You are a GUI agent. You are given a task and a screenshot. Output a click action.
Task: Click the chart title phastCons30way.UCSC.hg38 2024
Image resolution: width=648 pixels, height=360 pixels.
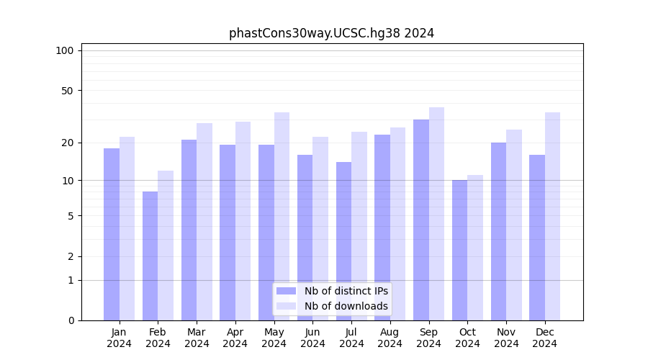(x=331, y=33)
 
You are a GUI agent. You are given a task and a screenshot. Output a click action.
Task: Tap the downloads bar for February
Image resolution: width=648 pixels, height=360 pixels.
(x=166, y=245)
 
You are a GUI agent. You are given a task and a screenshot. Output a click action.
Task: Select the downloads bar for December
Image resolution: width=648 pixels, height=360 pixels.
(x=552, y=216)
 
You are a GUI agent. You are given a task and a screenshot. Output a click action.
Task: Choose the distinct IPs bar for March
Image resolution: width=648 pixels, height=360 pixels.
(x=189, y=230)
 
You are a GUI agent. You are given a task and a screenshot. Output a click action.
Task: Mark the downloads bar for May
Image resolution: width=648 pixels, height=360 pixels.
(x=282, y=216)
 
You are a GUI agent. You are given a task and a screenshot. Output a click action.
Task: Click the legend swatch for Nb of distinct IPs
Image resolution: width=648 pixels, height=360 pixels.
(x=286, y=291)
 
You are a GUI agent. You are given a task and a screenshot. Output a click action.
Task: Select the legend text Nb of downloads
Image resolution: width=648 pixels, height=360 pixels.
(x=346, y=306)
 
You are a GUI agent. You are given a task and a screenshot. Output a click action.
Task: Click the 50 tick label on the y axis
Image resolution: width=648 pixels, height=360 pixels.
(x=67, y=91)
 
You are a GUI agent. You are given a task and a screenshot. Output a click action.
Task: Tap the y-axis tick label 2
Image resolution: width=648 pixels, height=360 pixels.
(x=71, y=256)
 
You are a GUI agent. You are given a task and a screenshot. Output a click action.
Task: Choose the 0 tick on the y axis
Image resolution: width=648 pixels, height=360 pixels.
(x=71, y=320)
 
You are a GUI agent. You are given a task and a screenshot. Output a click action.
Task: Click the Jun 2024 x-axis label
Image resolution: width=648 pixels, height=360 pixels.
(x=312, y=338)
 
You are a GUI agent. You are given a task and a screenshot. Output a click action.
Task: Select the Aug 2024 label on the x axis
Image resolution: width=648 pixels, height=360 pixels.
(x=390, y=338)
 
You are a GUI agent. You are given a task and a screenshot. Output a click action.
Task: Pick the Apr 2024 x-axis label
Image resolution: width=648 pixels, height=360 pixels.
(x=235, y=338)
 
